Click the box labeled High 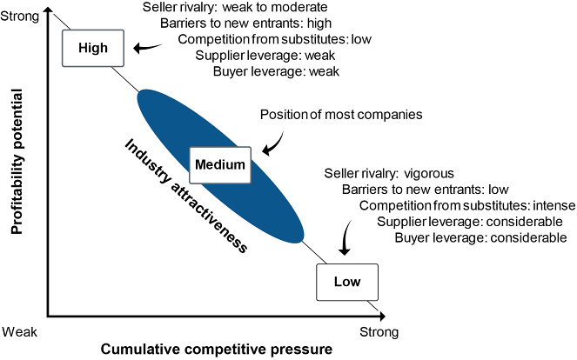click(92, 48)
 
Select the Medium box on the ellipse click(219, 163)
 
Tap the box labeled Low click(347, 281)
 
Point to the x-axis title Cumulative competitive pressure click(217, 350)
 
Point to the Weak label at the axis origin click(20, 331)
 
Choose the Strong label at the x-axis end click(379, 331)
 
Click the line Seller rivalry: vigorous click(389, 172)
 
